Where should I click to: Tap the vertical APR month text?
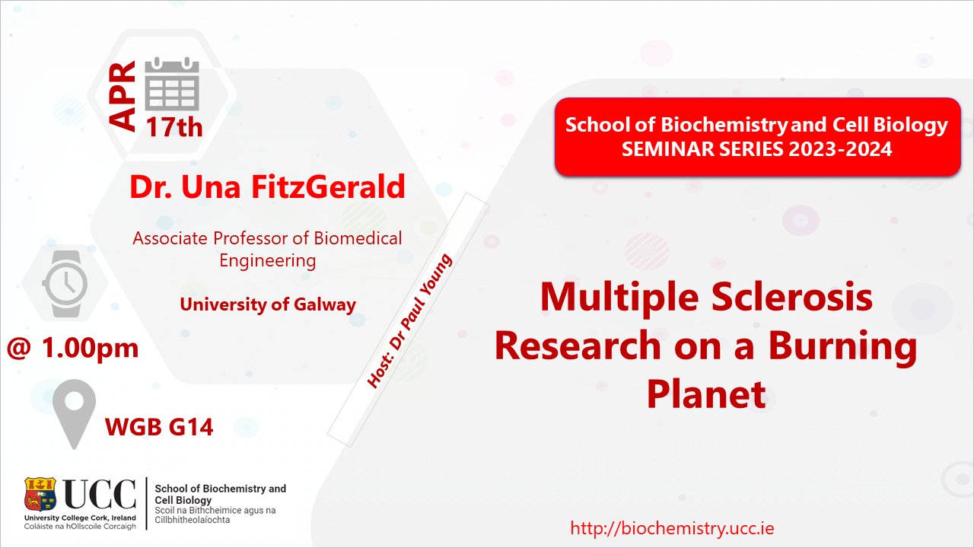[123, 96]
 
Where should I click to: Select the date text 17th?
[174, 127]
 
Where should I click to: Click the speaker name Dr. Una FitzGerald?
[267, 187]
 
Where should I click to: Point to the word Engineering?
[267, 261]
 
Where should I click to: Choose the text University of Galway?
[268, 304]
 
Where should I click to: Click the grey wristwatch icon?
[65, 284]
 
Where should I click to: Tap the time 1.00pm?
[90, 348]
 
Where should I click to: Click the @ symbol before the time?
[19, 348]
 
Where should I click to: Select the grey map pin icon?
[74, 413]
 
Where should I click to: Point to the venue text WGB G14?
[159, 427]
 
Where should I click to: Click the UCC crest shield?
[40, 494]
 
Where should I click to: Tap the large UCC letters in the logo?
[100, 494]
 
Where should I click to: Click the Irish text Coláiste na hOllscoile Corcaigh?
[80, 526]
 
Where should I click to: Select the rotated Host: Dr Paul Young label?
[409, 320]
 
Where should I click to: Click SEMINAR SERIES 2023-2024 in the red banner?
[756, 149]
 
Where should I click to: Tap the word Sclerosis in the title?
[792, 297]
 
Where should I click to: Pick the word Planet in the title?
[706, 394]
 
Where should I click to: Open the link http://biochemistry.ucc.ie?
[672, 528]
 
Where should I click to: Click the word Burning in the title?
[842, 346]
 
